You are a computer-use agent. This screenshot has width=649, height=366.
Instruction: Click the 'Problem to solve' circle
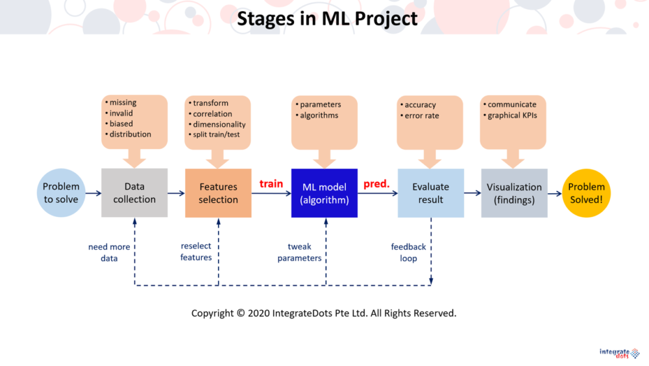[x=61, y=192]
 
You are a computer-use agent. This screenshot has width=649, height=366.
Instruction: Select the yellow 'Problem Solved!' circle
[x=586, y=193]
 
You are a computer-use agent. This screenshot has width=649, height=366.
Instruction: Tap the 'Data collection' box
[x=134, y=192]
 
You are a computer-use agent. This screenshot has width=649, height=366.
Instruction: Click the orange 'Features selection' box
[x=218, y=193]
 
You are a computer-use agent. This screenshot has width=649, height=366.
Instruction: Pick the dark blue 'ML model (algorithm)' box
[x=324, y=193]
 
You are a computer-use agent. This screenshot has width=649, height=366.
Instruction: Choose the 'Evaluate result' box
[x=431, y=193]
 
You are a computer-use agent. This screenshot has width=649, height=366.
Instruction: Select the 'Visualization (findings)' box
[x=514, y=193]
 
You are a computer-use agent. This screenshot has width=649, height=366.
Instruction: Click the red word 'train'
[x=271, y=183]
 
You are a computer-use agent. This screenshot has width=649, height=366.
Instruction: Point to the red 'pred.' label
[x=376, y=183]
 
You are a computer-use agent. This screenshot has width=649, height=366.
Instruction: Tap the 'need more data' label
[x=109, y=252]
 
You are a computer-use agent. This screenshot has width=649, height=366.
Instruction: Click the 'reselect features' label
[x=196, y=252]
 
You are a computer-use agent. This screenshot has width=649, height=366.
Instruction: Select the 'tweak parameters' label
[x=299, y=252]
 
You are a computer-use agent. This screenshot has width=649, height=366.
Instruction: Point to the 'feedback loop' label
[x=408, y=252]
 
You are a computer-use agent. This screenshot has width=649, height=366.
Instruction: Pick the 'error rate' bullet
[x=420, y=116]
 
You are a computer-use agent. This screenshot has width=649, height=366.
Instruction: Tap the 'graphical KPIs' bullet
[x=510, y=115]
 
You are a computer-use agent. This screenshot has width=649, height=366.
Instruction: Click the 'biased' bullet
[x=119, y=124]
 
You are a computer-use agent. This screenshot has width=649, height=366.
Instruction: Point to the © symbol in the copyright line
[x=241, y=313]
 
